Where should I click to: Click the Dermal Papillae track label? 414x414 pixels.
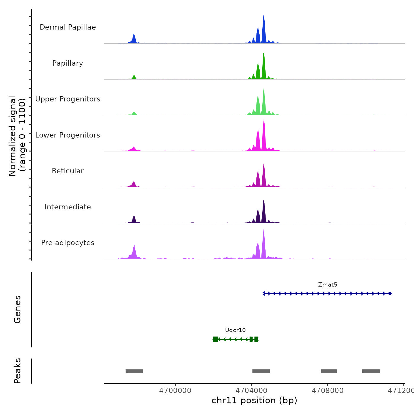click(x=68, y=27)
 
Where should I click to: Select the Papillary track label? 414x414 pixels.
click(x=68, y=63)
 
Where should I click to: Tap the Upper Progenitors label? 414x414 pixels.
click(x=68, y=99)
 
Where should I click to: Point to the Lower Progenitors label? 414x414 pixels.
click(x=68, y=135)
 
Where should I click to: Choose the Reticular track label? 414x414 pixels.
click(x=68, y=171)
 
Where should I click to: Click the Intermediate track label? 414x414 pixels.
click(x=68, y=207)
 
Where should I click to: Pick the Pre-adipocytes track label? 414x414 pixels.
click(x=68, y=243)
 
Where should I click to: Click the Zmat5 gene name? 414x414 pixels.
click(x=327, y=285)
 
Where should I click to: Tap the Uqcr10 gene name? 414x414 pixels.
click(x=235, y=330)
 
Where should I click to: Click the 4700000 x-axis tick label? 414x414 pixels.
click(x=175, y=391)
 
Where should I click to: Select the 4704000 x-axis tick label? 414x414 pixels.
click(x=251, y=391)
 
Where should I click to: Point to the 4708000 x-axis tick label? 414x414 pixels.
click(x=328, y=391)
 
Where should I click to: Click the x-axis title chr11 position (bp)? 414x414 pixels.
click(x=254, y=400)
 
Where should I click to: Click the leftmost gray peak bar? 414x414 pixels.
click(x=134, y=371)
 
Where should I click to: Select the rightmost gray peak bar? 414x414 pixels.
click(x=371, y=371)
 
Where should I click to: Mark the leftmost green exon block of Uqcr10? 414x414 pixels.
click(x=215, y=339)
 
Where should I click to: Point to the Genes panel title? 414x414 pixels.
click(x=17, y=309)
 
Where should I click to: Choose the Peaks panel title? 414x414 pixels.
click(x=17, y=371)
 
